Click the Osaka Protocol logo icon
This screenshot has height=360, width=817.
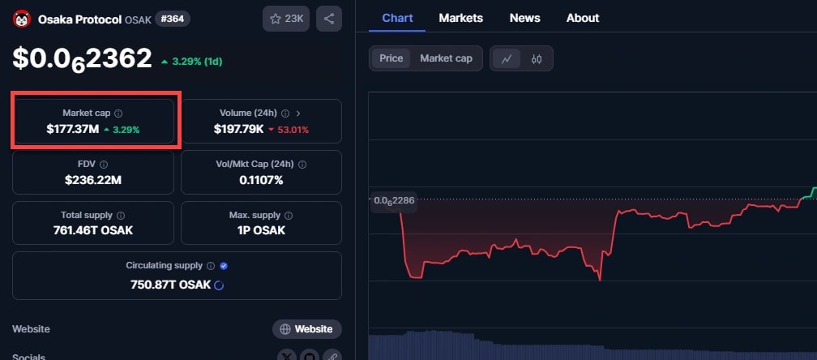click(21, 19)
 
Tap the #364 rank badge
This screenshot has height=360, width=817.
click(173, 19)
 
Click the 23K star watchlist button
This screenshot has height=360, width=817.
click(285, 19)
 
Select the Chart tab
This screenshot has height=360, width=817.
click(397, 18)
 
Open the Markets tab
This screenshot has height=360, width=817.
click(460, 18)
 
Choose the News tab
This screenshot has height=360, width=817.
click(525, 18)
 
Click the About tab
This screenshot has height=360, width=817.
click(583, 18)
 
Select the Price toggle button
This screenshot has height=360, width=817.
click(391, 58)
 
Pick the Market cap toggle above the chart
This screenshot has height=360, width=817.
click(446, 58)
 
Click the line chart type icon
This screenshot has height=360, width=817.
click(507, 58)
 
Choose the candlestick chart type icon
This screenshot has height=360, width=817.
click(536, 58)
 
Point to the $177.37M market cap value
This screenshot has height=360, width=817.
click(72, 129)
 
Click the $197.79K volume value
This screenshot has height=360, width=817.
click(237, 129)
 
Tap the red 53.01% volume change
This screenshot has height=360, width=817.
click(289, 130)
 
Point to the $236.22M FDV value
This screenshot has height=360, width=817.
click(92, 179)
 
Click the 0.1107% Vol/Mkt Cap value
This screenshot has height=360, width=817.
click(261, 179)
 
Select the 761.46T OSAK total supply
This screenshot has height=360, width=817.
click(92, 230)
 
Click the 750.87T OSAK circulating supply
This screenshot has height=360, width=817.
click(170, 285)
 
